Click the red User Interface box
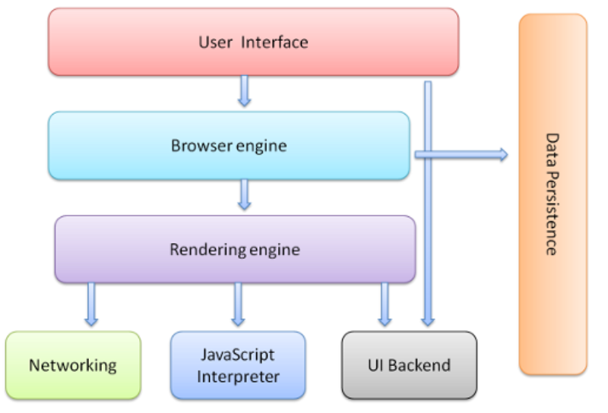click(253, 42)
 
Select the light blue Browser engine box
click(228, 146)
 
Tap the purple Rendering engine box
click(235, 249)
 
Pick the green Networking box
click(72, 365)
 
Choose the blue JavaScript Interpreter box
click(238, 365)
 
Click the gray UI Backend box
click(410, 365)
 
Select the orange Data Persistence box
click(553, 194)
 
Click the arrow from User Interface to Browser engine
click(244, 92)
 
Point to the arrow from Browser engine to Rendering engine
click(244, 195)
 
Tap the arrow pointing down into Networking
click(91, 304)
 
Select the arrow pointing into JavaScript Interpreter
click(238, 304)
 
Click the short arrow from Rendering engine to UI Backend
click(385, 304)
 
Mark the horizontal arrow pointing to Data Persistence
click(460, 155)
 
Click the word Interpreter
click(238, 376)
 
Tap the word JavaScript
click(238, 355)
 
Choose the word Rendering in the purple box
click(207, 249)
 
